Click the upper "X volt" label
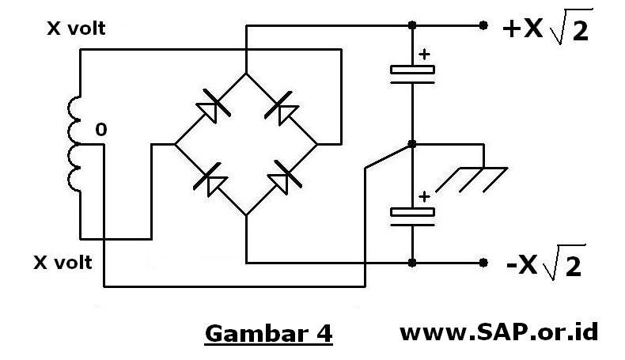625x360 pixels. point(77,29)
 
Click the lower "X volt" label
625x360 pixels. point(63,261)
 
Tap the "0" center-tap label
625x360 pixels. point(100,129)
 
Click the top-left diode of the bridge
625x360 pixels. point(210,108)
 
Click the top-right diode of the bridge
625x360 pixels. point(282,108)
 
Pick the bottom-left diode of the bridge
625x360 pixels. point(210,180)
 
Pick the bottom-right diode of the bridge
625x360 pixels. point(282,180)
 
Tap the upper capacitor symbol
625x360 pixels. point(413,72)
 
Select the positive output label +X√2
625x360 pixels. point(547,32)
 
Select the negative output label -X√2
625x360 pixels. point(544,263)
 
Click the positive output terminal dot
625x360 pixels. point(483,26)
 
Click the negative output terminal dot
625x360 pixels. point(483,262)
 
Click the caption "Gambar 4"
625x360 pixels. point(268,333)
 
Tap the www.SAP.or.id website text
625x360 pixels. point(499,332)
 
